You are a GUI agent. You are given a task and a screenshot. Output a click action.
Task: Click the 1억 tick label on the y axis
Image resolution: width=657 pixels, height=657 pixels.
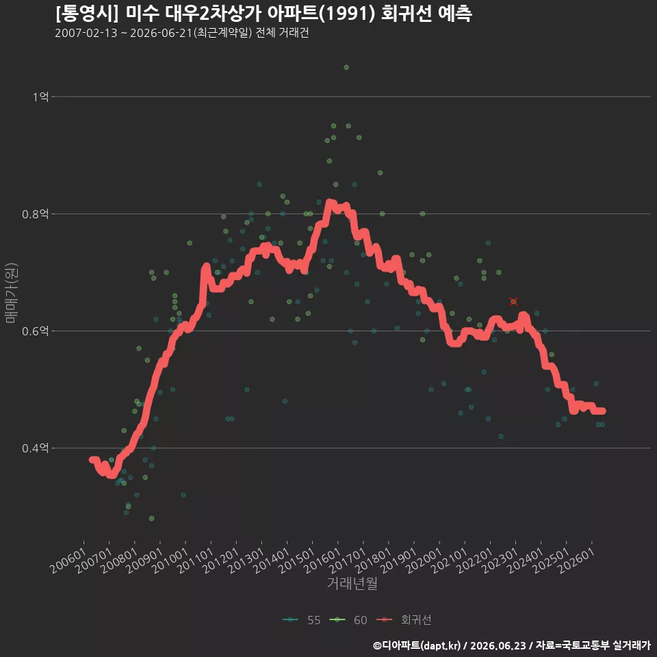pos(40,97)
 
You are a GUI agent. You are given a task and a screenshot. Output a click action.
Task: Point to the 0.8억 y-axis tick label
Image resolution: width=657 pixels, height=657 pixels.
pos(35,214)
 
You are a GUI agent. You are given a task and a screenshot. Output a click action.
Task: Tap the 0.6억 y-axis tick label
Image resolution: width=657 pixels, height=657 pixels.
pos(35,331)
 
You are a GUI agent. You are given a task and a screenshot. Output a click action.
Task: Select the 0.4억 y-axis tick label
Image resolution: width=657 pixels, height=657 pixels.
pos(35,448)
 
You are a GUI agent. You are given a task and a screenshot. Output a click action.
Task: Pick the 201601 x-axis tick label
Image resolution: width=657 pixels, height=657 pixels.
pos(322,561)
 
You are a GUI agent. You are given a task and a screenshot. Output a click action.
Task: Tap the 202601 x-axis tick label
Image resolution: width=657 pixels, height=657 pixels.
pos(576,561)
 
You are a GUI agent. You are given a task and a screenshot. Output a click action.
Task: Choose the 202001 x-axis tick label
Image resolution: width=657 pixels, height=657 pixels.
pos(424,561)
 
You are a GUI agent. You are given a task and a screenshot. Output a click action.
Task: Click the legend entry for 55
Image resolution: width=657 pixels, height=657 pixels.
pos(302,620)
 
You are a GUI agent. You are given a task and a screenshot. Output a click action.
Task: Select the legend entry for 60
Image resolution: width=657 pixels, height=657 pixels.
pos(348,620)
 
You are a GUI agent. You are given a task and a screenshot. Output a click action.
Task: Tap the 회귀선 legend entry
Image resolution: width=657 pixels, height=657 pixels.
pos(404,620)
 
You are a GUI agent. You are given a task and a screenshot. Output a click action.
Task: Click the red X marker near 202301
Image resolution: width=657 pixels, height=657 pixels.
pos(514,302)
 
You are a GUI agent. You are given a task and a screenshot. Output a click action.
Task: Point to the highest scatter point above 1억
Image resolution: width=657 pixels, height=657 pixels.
pos(346,68)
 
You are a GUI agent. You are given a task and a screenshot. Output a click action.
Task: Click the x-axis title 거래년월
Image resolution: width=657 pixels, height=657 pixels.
pos(352,583)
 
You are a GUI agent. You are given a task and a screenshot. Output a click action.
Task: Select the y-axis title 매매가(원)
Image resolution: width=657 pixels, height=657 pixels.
pos(11,293)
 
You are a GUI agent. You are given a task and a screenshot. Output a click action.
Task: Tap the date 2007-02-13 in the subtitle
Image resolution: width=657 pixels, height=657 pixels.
pos(86,33)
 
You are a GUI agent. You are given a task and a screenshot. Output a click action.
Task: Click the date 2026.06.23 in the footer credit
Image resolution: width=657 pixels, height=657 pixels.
pos(498,645)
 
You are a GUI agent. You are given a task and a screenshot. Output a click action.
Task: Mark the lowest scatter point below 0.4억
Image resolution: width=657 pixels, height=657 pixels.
pos(152,519)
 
